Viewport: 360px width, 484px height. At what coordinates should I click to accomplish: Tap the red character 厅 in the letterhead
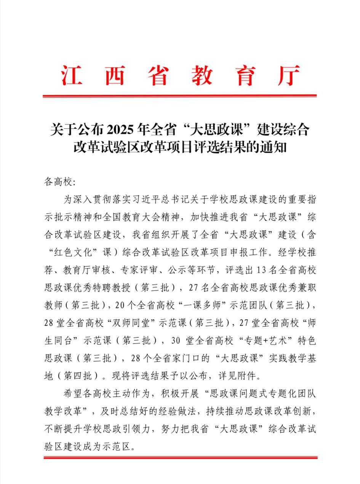288,75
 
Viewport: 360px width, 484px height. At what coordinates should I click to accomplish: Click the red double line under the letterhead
180,96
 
